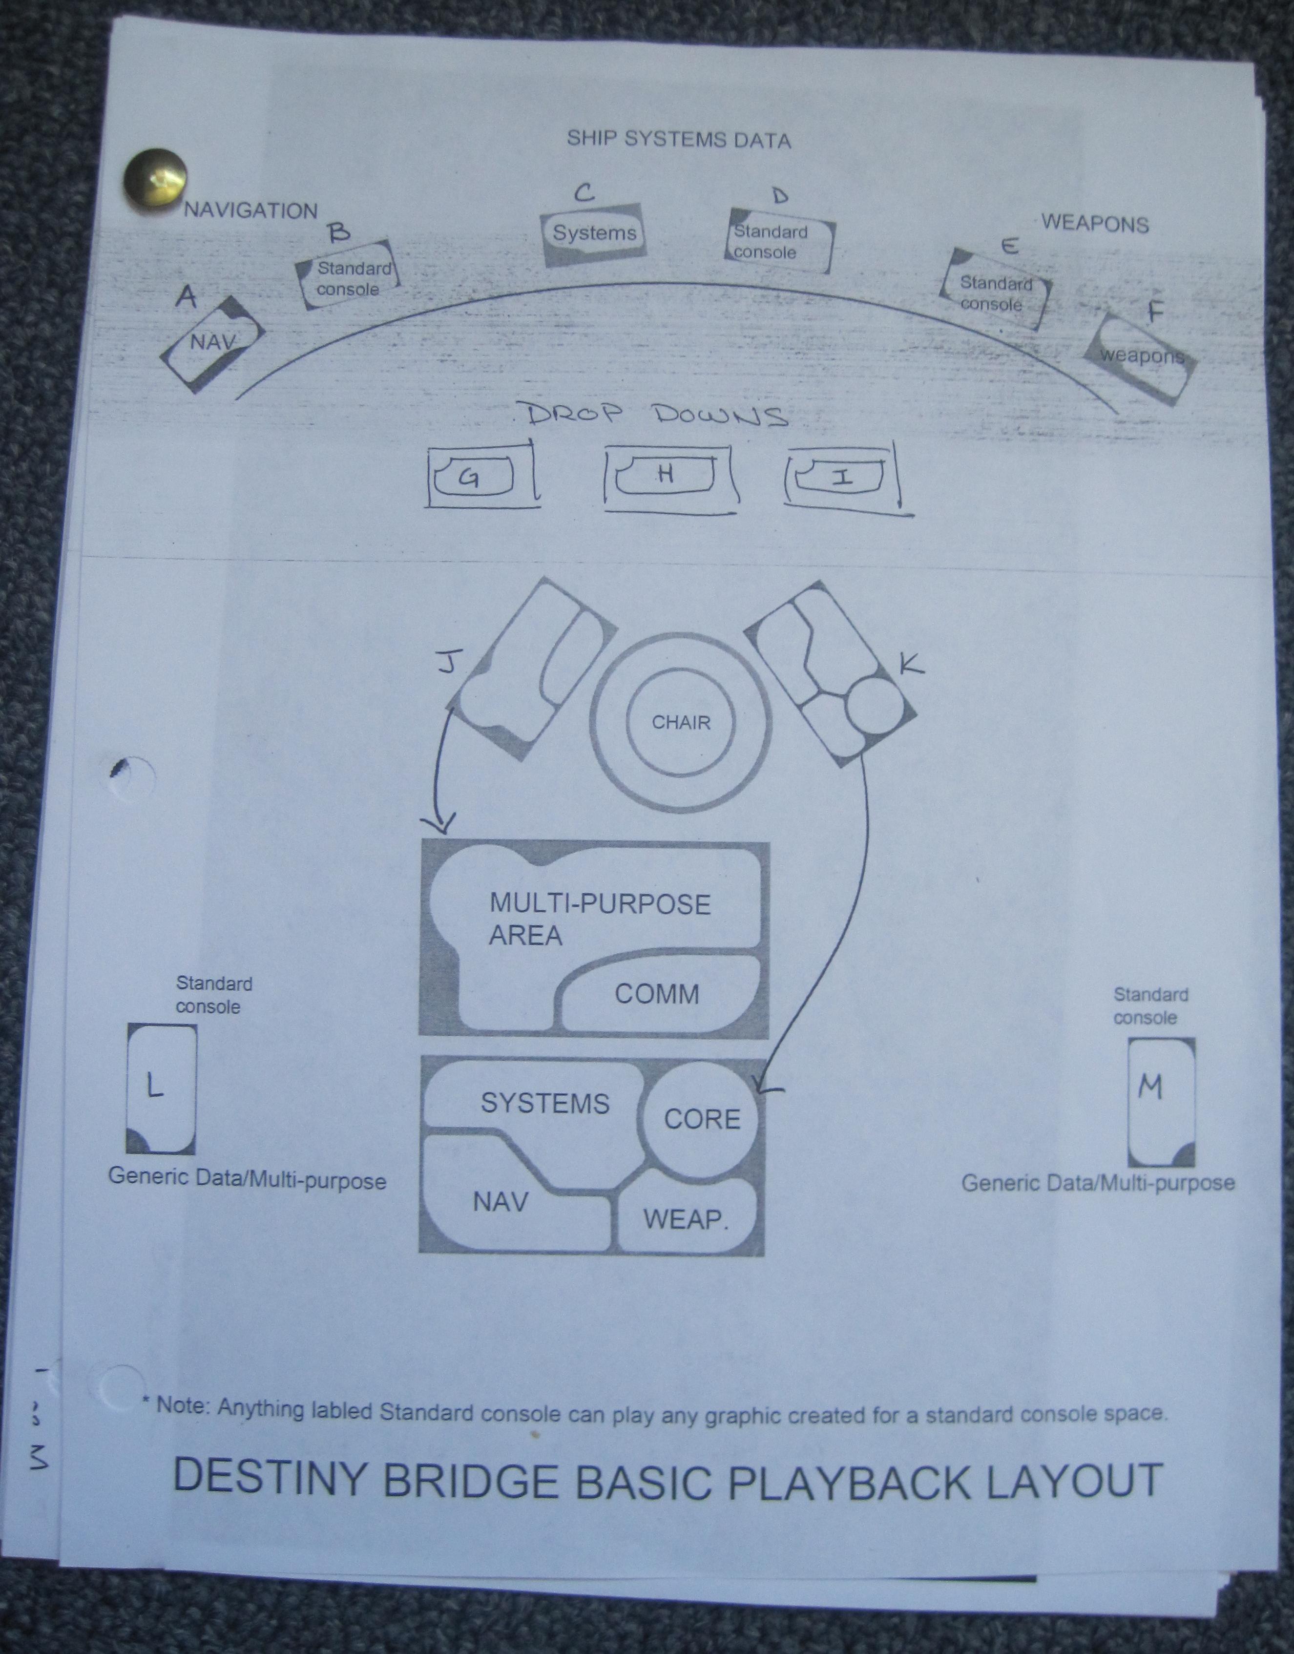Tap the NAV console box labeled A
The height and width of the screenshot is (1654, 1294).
pos(212,342)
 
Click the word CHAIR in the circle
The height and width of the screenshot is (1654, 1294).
pos(681,722)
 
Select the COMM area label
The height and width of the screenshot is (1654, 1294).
pos(656,994)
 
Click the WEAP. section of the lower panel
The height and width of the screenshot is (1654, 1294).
pos(686,1218)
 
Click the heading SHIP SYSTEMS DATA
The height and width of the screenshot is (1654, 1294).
pos(678,140)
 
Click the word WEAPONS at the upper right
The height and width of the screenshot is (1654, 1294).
pos(1095,224)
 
